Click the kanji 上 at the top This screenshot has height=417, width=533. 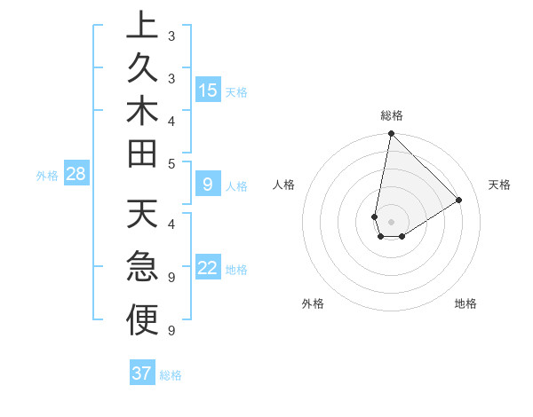tap(142, 28)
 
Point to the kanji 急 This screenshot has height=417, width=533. tap(142, 267)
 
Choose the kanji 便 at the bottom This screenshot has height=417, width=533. tap(142, 320)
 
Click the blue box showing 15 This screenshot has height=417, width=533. tap(208, 90)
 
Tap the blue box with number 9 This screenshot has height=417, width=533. tap(208, 185)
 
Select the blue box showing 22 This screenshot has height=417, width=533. tap(208, 269)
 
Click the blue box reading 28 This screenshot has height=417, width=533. tap(76, 174)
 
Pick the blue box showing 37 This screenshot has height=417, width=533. tap(142, 374)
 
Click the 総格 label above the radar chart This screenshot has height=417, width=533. tap(392, 115)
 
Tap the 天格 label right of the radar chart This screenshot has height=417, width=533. tap(499, 185)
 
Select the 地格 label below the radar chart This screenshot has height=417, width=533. tap(465, 303)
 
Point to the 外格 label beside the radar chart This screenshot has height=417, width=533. tap(313, 303)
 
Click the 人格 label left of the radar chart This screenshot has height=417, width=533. tap(284, 185)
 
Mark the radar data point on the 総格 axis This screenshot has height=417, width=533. tap(391, 134)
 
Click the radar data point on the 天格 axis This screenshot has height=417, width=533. tap(459, 200)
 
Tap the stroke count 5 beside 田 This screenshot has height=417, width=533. tap(171, 162)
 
